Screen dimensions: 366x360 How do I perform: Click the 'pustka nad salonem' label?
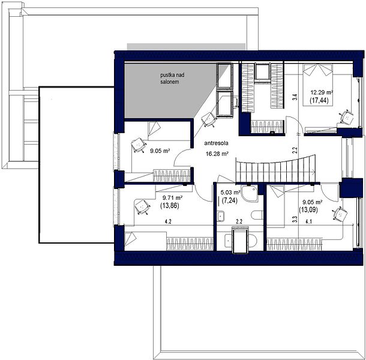[172, 79]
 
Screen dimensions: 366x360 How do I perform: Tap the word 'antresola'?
[216, 143]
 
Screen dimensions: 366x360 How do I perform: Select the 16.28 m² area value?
[217, 154]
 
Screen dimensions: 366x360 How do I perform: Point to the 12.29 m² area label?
[322, 92]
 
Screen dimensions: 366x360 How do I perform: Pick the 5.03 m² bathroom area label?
[230, 193]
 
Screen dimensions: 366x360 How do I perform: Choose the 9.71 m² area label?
[172, 198]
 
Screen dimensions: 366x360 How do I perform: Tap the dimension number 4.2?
[168, 222]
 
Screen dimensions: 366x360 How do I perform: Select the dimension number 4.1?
[308, 222]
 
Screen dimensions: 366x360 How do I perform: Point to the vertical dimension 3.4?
[295, 97]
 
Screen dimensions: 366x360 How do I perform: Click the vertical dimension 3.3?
[295, 220]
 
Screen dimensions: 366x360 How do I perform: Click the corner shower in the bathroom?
[249, 194]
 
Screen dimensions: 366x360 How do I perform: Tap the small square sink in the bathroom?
[220, 216]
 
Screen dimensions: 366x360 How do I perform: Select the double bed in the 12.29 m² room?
[317, 85]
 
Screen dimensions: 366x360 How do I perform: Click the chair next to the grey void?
[209, 119]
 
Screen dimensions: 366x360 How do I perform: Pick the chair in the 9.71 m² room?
[142, 207]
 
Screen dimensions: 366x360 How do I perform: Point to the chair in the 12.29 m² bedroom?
[347, 116]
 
